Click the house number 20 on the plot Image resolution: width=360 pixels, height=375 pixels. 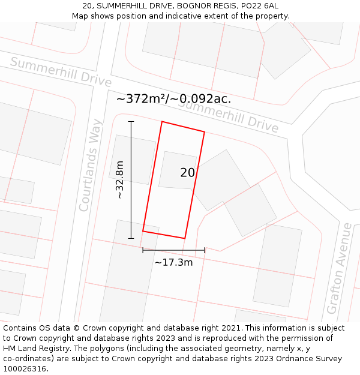click(x=187, y=173)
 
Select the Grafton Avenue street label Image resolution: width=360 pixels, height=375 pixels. click(x=339, y=268)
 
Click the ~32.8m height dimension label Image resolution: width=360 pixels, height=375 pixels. click(x=120, y=179)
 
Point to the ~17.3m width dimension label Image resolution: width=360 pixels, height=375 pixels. click(x=173, y=262)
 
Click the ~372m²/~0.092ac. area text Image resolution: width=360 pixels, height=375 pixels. click(x=173, y=99)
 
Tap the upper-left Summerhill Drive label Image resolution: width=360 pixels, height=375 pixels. click(x=61, y=71)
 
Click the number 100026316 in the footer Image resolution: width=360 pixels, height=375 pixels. click(x=23, y=369)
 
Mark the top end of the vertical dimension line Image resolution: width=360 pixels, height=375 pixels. click(x=131, y=121)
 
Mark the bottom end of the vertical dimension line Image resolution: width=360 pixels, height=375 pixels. click(x=131, y=238)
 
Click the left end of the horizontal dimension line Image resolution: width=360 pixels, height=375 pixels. click(x=143, y=250)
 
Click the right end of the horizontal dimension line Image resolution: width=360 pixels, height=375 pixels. click(x=205, y=250)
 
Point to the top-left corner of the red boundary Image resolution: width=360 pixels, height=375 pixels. click(x=162, y=122)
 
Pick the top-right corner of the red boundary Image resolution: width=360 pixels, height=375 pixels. click(x=205, y=132)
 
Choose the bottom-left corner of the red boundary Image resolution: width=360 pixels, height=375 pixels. click(x=143, y=231)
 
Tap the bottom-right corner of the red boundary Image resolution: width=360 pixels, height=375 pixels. click(x=185, y=238)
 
